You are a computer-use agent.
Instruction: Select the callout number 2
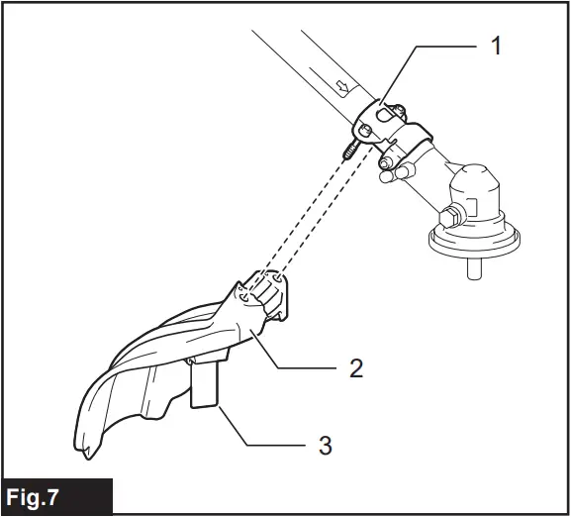pos(355,368)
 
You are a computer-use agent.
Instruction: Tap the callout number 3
pos(323,445)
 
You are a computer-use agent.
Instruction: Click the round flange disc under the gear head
pos(474,238)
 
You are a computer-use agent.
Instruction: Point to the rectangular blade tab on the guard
pos(205,383)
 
